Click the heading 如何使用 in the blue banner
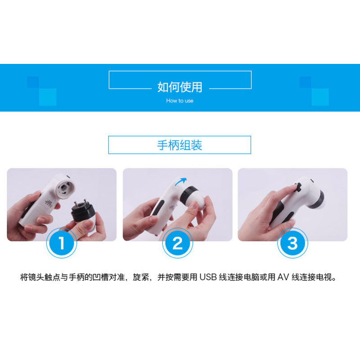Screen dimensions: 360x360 (x=180, y=87)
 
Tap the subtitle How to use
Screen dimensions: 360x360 (x=180, y=100)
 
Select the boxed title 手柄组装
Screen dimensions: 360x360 (x=180, y=145)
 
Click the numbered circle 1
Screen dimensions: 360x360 (x=62, y=243)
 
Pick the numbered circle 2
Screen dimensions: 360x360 (x=178, y=243)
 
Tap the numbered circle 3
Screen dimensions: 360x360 (x=292, y=243)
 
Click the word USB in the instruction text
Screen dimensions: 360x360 (x=208, y=277)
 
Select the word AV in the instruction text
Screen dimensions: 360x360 (x=283, y=277)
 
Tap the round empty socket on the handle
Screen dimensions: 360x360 (x=66, y=188)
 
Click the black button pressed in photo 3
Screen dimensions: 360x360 (x=298, y=187)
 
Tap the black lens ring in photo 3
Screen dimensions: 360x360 (x=317, y=200)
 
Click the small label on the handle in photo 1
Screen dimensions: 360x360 (x=49, y=202)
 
